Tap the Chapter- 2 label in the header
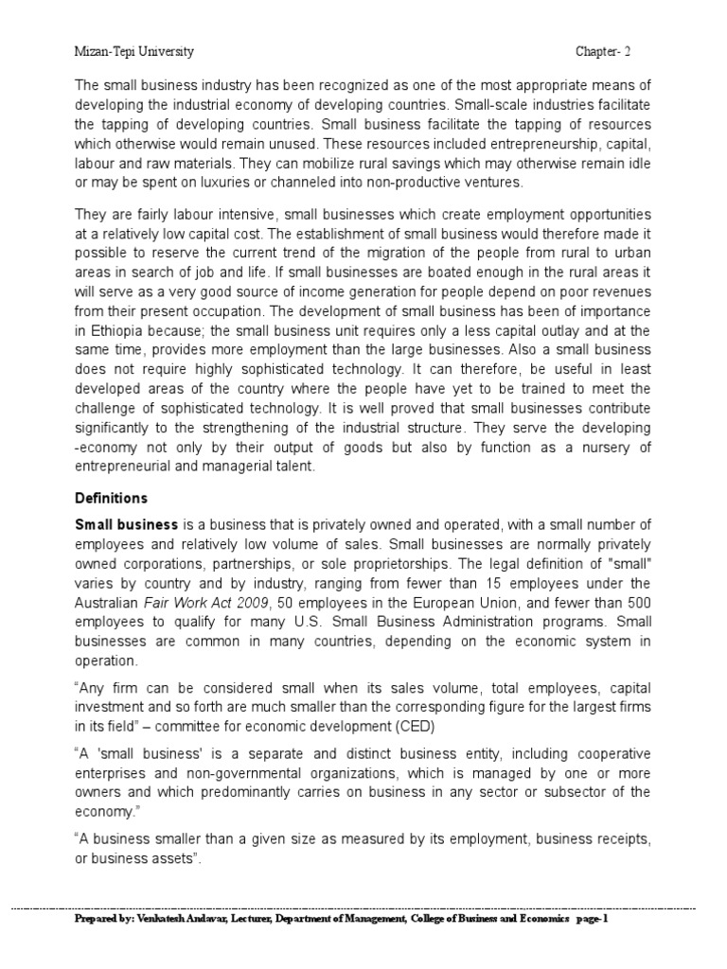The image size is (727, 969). pyautogui.click(x=612, y=51)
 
